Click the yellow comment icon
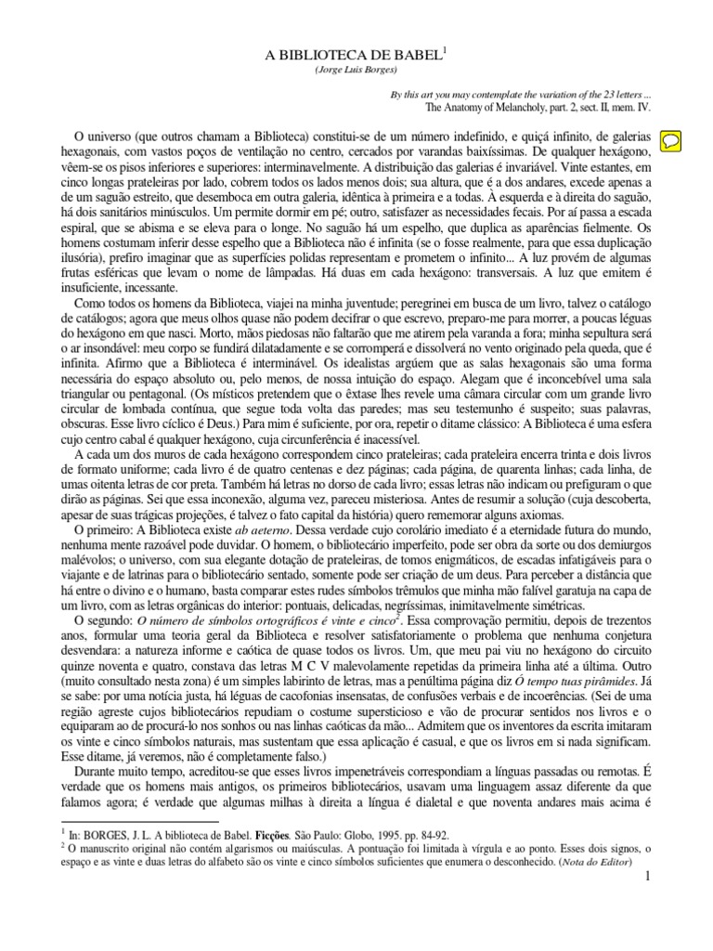pos(671,139)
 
